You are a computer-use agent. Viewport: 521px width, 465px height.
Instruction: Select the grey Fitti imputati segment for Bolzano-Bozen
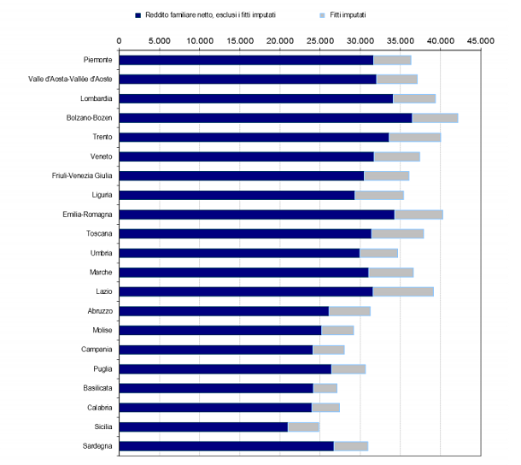pyautogui.click(x=435, y=118)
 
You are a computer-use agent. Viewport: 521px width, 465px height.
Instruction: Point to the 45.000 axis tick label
pyautogui.click(x=480, y=40)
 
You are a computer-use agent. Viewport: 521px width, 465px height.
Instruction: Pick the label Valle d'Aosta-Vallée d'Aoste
pyautogui.click(x=70, y=79)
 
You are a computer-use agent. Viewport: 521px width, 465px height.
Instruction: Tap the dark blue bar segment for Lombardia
pyautogui.click(x=255, y=98)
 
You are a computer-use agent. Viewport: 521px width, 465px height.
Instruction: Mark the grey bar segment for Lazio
pyautogui.click(x=403, y=291)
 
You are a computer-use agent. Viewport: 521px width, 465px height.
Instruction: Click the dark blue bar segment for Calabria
pyautogui.click(x=214, y=407)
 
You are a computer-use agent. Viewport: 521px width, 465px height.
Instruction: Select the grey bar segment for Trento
pyautogui.click(x=414, y=137)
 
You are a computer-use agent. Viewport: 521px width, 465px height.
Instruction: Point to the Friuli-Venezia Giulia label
pyautogui.click(x=82, y=176)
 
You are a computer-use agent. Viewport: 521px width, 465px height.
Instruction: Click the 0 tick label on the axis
pyautogui.click(x=119, y=40)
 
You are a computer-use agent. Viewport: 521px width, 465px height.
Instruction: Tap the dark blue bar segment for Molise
pyautogui.click(x=220, y=330)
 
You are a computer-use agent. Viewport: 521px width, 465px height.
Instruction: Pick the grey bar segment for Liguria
pyautogui.click(x=378, y=195)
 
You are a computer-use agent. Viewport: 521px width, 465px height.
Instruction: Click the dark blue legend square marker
pyautogui.click(x=138, y=15)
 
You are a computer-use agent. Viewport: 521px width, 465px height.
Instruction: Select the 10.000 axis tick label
pyautogui.click(x=199, y=40)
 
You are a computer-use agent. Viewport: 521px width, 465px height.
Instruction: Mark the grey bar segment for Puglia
pyautogui.click(x=348, y=368)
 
